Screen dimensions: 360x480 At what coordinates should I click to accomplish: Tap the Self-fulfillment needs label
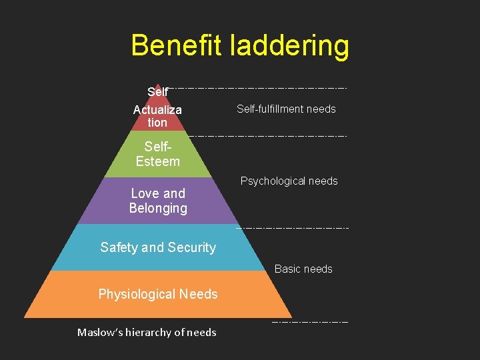click(x=286, y=109)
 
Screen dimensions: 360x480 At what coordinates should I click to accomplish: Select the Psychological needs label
click(x=289, y=181)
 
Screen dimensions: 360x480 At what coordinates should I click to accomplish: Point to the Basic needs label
click(x=303, y=269)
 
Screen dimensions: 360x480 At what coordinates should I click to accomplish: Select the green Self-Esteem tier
click(x=158, y=155)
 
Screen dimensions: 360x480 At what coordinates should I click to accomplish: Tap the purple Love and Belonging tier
click(x=158, y=201)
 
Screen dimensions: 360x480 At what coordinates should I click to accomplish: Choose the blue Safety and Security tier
click(x=158, y=247)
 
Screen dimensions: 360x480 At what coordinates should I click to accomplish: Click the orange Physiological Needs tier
click(x=158, y=294)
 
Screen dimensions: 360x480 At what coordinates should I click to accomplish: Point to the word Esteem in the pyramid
click(x=158, y=161)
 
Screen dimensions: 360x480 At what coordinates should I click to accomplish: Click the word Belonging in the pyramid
click(x=158, y=208)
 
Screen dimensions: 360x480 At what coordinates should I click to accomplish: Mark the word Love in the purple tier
click(x=144, y=193)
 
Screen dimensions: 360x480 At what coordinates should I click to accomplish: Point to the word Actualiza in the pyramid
click(x=157, y=110)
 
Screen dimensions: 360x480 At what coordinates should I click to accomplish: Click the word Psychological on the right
click(x=273, y=181)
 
